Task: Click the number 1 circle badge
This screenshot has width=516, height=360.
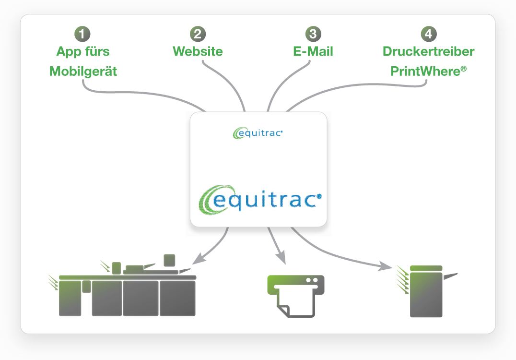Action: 82,34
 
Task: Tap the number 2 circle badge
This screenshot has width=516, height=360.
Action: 198,34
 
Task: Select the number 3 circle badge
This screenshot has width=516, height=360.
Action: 313,34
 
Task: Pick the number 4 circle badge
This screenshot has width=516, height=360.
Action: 428,34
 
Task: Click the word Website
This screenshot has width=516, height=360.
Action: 198,51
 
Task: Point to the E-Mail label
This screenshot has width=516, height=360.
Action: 313,51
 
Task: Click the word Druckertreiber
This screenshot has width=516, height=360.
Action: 428,51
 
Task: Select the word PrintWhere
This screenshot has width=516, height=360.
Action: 425,71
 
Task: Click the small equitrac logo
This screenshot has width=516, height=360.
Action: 258,133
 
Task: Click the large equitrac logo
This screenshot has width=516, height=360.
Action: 260,200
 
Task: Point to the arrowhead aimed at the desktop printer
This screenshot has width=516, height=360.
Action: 281,258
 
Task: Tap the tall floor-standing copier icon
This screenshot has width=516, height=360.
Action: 426,291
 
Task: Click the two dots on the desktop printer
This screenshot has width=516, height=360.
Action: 312,280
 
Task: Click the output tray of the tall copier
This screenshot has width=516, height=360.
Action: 450,276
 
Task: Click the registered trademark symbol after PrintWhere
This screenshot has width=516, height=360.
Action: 464,69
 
